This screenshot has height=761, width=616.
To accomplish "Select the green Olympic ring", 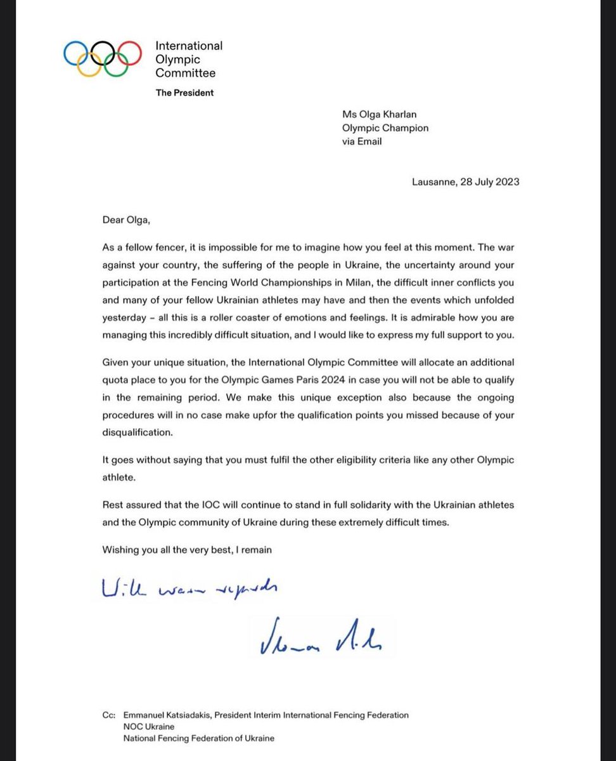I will (117, 63).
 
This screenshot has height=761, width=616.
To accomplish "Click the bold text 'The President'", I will (184, 93).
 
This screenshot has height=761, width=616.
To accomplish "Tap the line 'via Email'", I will (362, 141).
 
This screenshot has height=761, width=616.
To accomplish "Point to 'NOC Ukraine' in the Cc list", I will (151, 727).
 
